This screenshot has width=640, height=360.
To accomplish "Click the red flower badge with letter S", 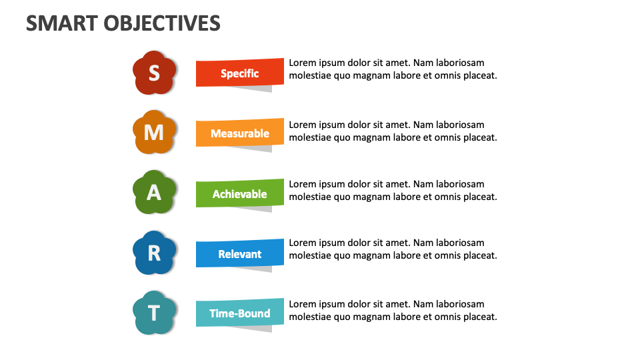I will pos(154,72).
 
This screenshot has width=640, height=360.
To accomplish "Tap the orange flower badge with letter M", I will pos(154,132).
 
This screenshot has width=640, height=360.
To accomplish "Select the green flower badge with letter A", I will pos(154,192).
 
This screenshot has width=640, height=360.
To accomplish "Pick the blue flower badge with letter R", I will pos(154,253).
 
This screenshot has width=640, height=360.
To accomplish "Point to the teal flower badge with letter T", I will pos(154,313).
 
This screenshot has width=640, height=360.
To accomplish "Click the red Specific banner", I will pos(239,73).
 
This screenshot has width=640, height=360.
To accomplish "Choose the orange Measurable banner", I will pos(239,133).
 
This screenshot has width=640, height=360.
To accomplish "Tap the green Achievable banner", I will pos(239,194).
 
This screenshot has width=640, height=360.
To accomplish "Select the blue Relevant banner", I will pos(239,254).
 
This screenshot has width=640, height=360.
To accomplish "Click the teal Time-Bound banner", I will pos(239,313).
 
